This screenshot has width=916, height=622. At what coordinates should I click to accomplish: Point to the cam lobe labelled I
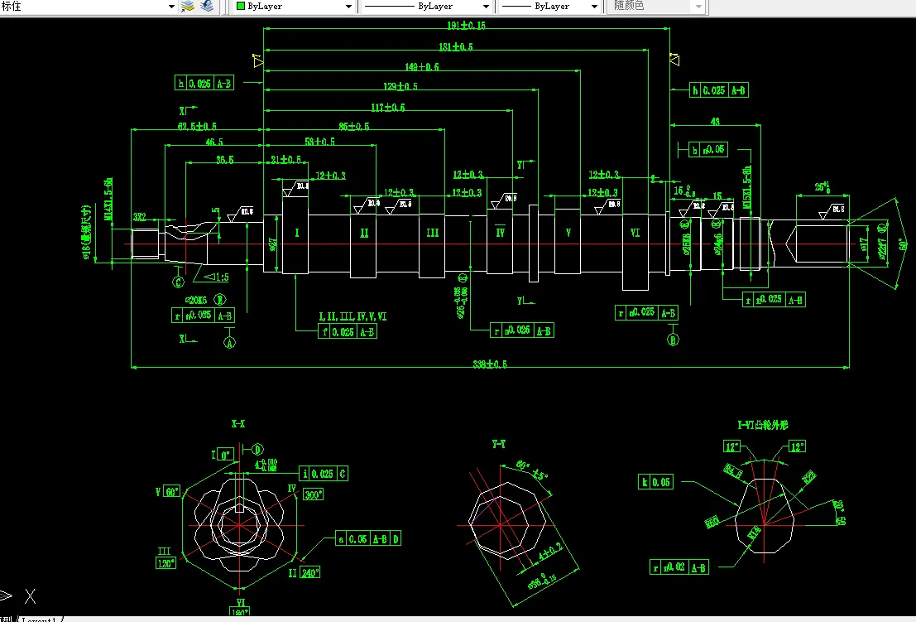[295, 234]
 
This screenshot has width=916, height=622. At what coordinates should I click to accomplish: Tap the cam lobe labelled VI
[635, 234]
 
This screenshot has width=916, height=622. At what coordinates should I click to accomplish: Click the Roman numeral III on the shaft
[432, 234]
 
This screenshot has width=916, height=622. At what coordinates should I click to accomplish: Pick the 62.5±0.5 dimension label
[197, 127]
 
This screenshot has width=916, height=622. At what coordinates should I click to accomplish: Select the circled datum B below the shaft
[673, 338]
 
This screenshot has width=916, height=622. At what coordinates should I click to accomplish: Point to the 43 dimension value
[714, 122]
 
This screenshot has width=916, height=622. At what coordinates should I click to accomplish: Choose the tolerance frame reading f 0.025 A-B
[348, 331]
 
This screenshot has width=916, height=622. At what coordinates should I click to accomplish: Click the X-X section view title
[238, 423]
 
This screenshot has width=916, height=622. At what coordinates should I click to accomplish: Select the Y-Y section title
[499, 445]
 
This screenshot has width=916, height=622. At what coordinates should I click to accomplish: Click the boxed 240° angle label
[310, 572]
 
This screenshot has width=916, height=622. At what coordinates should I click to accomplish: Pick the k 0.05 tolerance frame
[657, 482]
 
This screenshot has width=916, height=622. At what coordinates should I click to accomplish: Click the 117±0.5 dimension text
[388, 108]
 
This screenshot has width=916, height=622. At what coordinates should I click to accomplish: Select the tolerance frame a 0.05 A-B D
[369, 538]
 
